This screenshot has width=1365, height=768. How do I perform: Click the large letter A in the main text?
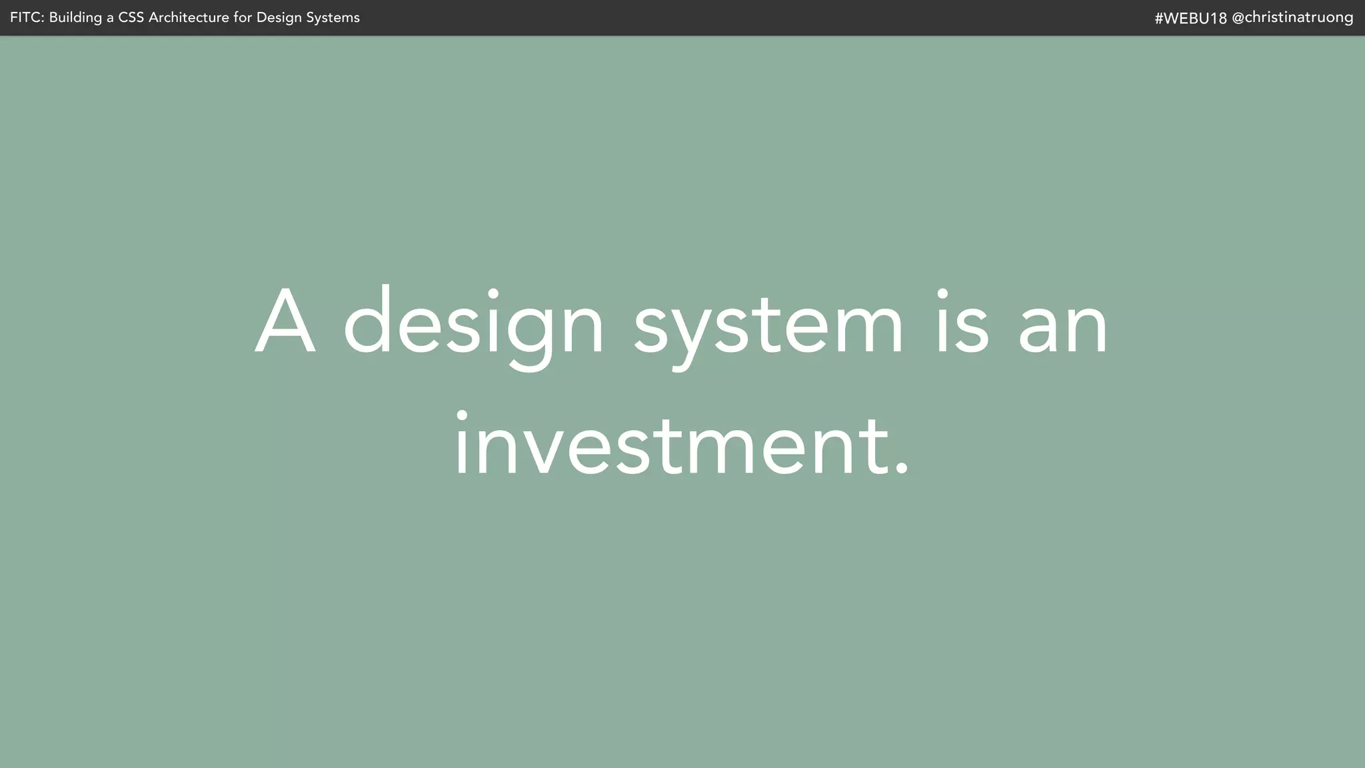[285, 322]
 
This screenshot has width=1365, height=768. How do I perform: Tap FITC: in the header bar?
[27, 18]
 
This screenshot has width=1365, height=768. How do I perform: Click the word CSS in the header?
[131, 18]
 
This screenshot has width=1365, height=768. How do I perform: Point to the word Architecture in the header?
[189, 18]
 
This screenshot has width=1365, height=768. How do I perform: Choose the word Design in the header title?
[279, 18]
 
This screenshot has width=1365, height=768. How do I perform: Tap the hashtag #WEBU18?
[1190, 18]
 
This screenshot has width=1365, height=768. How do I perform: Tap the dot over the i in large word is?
[942, 293]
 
